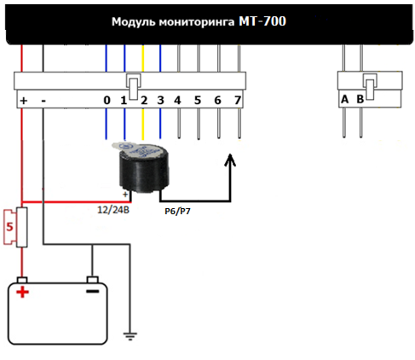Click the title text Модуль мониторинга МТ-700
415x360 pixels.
click(199, 21)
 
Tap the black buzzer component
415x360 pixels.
click(143, 168)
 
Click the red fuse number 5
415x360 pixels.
click(9, 227)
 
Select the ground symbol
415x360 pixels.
click(130, 336)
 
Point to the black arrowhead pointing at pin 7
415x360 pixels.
click(230, 160)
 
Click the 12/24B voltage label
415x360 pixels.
click(113, 210)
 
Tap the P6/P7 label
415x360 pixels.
click(177, 212)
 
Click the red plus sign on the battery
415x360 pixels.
click(23, 292)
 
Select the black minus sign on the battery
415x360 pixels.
click(93, 291)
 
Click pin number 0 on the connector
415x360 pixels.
click(107, 100)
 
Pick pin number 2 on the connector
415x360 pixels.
click(144, 100)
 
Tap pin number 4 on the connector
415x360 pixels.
click(177, 100)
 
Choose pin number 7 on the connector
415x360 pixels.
click(238, 100)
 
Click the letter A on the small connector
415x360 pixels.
click(344, 99)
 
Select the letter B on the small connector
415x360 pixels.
click(360, 99)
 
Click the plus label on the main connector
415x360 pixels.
click(24, 101)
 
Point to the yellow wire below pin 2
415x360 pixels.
click(143, 124)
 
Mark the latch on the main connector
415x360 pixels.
click(134, 87)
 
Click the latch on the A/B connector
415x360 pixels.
click(370, 87)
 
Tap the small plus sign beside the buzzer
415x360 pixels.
click(125, 195)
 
